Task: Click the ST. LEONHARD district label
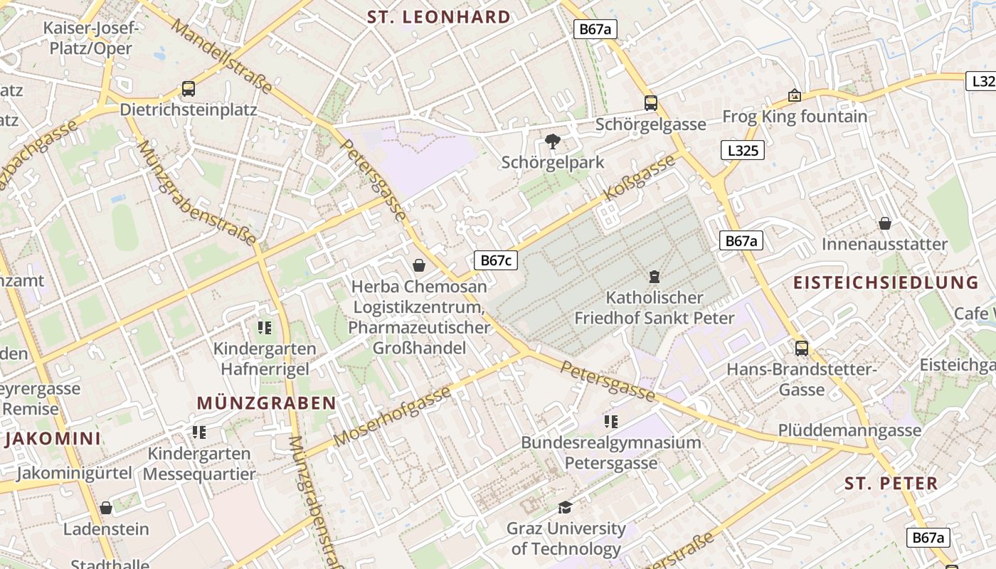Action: tap(439, 17)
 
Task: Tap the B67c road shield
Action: tap(496, 260)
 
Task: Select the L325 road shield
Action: tap(743, 150)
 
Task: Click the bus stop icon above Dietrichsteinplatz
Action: tap(189, 89)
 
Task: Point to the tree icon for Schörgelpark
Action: tap(552, 142)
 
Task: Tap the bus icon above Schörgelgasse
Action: tap(651, 103)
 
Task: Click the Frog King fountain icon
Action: tap(795, 95)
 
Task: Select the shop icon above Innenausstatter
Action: tap(885, 224)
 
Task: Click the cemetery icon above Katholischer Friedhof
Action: tap(655, 277)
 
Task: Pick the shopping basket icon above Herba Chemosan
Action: tap(420, 265)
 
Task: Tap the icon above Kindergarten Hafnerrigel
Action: tap(265, 328)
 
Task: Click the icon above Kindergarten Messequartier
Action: tap(199, 432)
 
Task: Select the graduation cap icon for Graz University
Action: tap(566, 507)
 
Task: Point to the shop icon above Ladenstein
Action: tap(106, 508)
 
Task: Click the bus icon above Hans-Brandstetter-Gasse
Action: tap(802, 349)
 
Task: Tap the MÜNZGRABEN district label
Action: tap(266, 403)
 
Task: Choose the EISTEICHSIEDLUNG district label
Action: tap(886, 282)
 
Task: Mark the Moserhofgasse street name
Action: tap(392, 417)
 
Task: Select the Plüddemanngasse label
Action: tap(849, 430)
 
